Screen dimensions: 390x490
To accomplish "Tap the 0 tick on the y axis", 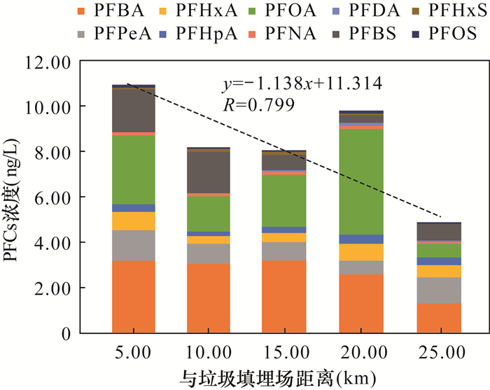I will tap(65, 333).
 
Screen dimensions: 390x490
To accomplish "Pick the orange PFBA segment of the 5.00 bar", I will tap(133, 297).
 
